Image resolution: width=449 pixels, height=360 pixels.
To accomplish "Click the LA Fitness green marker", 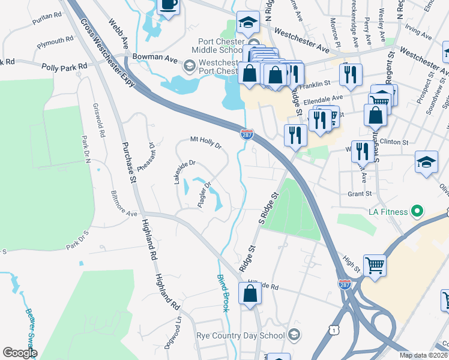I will click(x=414, y=212).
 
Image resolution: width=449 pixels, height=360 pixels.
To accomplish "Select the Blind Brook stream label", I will click(x=222, y=293).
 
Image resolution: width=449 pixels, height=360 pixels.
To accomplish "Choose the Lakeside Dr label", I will click(x=185, y=172).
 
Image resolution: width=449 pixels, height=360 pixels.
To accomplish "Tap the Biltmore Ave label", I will click(x=125, y=203).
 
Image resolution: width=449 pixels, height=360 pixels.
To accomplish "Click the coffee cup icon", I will click(x=169, y=5).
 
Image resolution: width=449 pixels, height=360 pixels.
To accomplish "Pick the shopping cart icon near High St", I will click(x=375, y=265).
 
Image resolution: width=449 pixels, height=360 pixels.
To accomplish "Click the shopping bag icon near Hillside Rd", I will click(x=250, y=294).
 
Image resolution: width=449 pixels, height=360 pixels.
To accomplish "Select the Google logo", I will click(x=20, y=352).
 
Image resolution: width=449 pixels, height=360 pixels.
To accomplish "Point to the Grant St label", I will click(x=360, y=194).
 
